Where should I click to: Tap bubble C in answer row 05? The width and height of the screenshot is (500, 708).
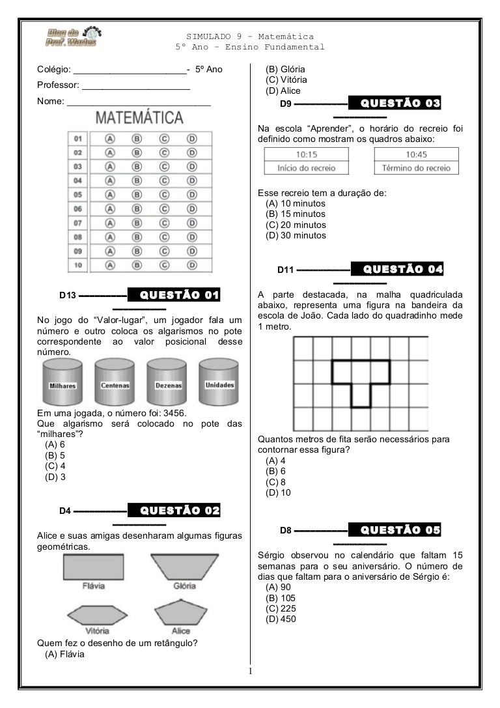(x=165, y=195)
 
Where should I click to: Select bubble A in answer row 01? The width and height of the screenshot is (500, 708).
(x=110, y=139)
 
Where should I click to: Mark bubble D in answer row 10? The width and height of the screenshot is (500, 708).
(x=192, y=265)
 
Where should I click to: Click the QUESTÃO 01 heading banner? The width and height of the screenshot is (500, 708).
(x=174, y=295)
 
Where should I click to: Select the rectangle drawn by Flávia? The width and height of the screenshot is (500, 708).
(x=94, y=567)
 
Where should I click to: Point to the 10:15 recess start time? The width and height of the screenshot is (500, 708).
(x=306, y=155)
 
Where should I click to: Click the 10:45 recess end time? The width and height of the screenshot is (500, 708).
(x=416, y=155)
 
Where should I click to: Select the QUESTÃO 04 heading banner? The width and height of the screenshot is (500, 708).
(x=397, y=269)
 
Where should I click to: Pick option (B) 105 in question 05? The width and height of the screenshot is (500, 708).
(x=281, y=598)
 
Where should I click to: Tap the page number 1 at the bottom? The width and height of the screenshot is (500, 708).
(x=249, y=671)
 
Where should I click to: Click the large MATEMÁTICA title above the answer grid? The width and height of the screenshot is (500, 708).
(x=139, y=119)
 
